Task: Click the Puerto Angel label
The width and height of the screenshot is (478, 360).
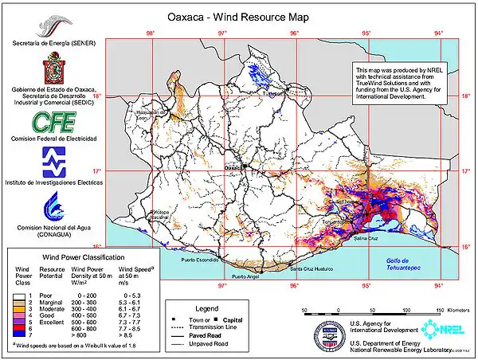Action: [246, 276]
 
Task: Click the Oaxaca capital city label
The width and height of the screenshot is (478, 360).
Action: [234, 168]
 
